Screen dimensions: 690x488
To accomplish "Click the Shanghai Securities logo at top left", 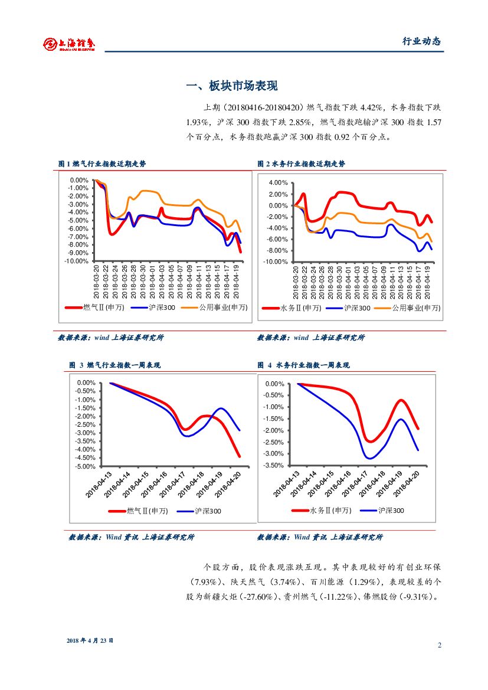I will (x=70, y=43).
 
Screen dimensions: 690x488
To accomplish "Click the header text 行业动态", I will (x=421, y=41).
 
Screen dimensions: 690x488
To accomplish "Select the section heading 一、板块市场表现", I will (x=231, y=86).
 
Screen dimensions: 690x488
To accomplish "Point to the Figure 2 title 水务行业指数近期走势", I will (x=302, y=163).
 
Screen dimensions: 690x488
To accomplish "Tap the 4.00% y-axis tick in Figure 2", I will (x=277, y=183).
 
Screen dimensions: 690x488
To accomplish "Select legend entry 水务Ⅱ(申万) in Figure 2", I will (x=300, y=308).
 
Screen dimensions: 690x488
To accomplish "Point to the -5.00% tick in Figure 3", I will (x=86, y=466).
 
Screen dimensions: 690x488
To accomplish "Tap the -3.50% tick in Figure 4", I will (x=274, y=466).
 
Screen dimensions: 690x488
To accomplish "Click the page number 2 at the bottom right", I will (x=440, y=645).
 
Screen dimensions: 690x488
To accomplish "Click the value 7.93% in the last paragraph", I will (x=205, y=581).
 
